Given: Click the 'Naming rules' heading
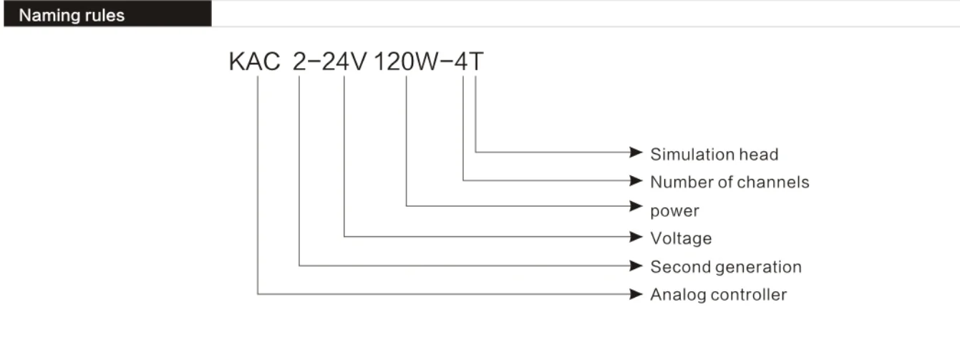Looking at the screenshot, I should [x=72, y=15].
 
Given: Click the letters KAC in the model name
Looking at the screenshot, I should [x=254, y=62].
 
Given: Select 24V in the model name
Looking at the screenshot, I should [x=343, y=62].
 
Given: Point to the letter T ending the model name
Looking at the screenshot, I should [x=476, y=62].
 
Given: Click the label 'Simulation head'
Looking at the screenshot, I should [x=714, y=154].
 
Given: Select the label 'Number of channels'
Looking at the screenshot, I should [x=729, y=182].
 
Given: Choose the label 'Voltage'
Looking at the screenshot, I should [x=681, y=238].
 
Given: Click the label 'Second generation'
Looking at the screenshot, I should [x=726, y=267].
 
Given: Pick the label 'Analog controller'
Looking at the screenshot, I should [x=718, y=294].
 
